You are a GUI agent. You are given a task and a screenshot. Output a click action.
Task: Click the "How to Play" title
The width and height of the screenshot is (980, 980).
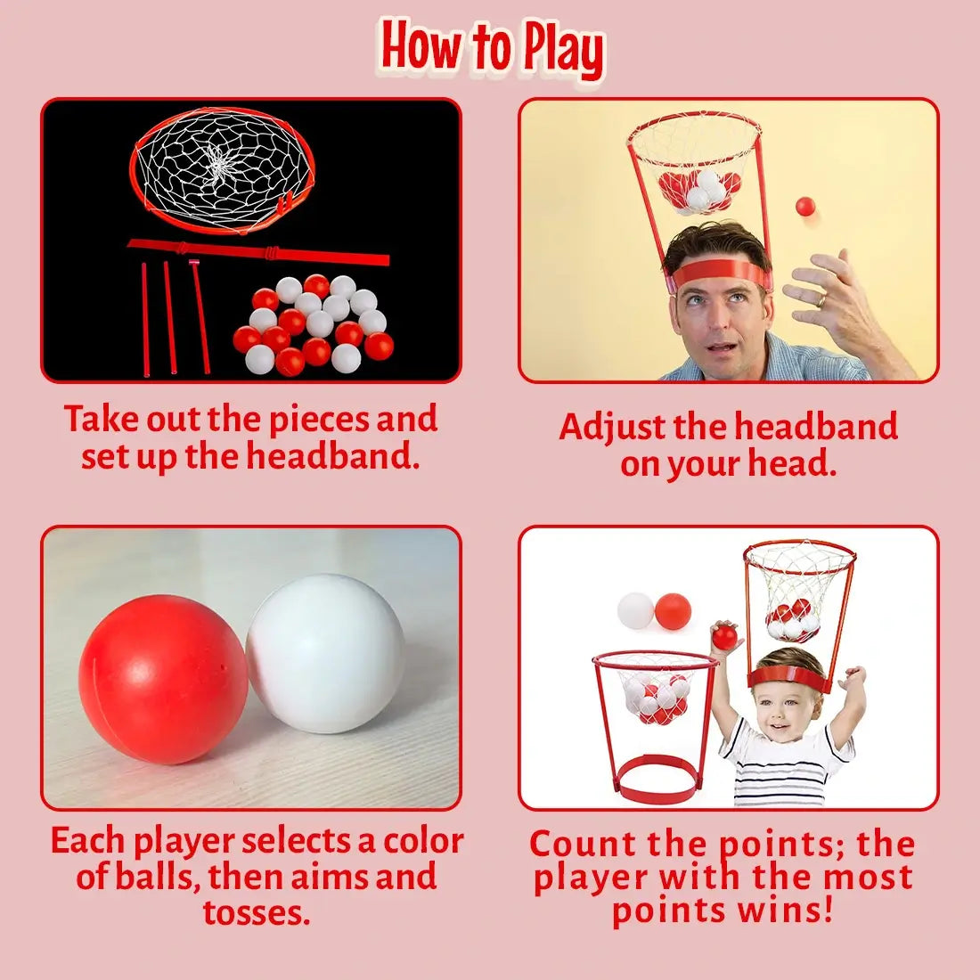coord(493,46)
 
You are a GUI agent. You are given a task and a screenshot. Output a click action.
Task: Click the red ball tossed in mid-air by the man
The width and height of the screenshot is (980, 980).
coord(805,207)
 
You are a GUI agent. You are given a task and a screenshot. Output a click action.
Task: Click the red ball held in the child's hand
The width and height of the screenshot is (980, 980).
coord(725,636)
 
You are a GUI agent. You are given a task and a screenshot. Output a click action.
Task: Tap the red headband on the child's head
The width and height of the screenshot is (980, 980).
coord(788,677)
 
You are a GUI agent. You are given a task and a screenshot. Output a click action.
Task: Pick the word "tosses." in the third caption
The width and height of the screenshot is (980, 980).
coord(257,912)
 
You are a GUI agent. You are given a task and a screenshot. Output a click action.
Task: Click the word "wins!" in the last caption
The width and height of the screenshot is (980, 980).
coord(791,911)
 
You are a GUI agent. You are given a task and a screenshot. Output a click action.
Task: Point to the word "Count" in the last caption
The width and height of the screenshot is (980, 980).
coord(584,844)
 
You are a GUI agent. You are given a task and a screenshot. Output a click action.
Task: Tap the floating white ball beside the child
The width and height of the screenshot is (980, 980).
coord(636,610)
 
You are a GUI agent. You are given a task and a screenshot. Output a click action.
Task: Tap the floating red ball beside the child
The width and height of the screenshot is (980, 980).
coord(674,611)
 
